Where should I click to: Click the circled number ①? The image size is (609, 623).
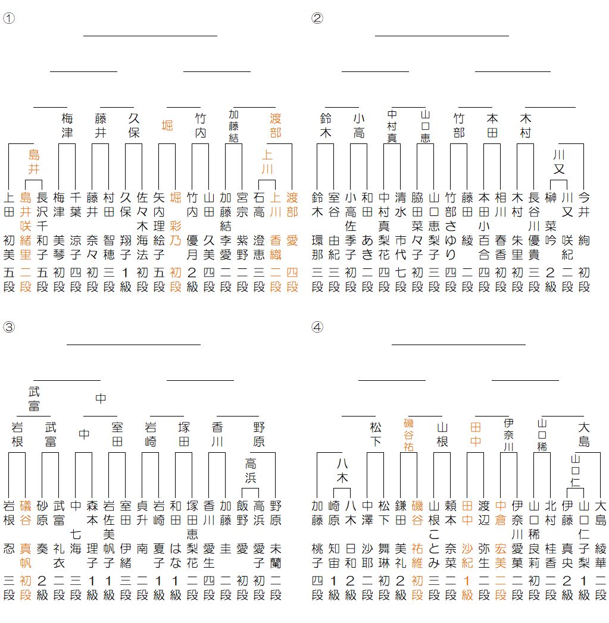[x=8, y=18]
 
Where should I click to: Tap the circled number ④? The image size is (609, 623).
[x=317, y=327]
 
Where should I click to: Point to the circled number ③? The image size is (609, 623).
[x=8, y=327]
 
